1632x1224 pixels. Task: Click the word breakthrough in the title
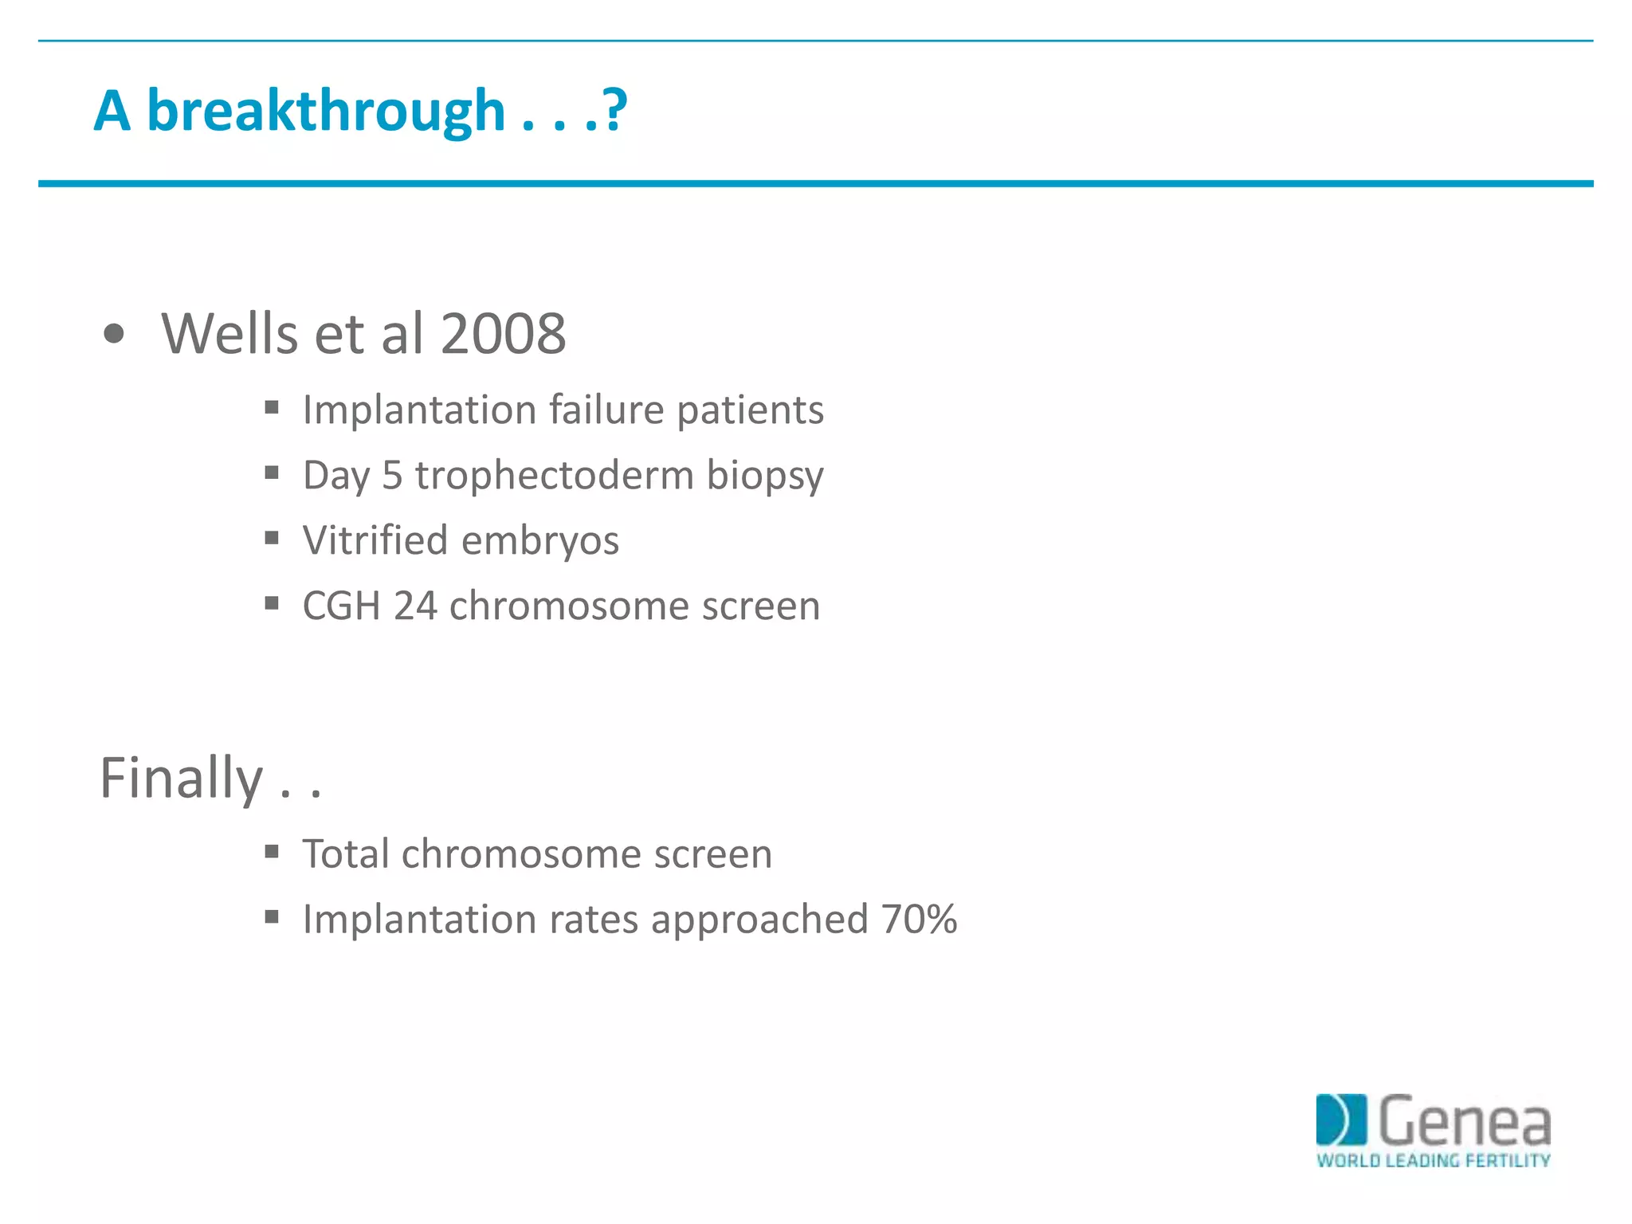pos(326,112)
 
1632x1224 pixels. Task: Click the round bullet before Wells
pos(114,334)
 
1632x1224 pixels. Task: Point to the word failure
pos(606,410)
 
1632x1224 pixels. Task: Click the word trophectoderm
pos(555,476)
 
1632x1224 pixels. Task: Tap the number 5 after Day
pos(392,476)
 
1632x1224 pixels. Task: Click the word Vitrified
pos(375,540)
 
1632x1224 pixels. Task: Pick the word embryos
pos(539,542)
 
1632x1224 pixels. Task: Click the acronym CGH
pos(341,606)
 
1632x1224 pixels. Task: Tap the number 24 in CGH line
pos(415,606)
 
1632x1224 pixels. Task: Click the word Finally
pos(181,779)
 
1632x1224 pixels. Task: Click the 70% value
pos(919,920)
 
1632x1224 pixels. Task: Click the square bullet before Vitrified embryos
pos(272,539)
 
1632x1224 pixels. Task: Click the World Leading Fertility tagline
pos(1433,1160)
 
